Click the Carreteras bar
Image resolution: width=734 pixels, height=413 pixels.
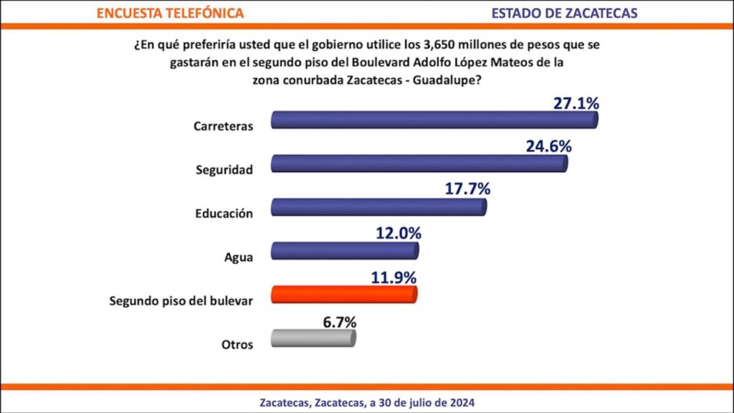pos(434,120)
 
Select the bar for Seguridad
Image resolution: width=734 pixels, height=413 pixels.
pos(419,164)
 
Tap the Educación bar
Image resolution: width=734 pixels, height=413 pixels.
pos(379,208)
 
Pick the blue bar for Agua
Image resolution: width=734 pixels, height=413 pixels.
pos(345,252)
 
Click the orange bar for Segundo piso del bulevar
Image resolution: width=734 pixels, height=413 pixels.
pos(344,295)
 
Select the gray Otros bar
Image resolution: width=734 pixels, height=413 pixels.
pos(313,338)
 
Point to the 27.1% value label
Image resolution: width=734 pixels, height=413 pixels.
pos(576,103)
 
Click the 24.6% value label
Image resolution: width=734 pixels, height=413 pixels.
pos(548,147)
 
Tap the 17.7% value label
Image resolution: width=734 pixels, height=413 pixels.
pos(467,190)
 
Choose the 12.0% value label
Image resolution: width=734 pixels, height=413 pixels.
pos(398,234)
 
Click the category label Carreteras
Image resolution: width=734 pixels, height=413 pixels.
pos(223,126)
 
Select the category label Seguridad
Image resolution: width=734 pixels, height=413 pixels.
pos(224,171)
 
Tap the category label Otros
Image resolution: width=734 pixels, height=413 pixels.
pos(237,344)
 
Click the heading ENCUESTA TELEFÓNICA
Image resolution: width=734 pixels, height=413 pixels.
pos(170,13)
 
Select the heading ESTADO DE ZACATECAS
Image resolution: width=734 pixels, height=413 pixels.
pos(564,13)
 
